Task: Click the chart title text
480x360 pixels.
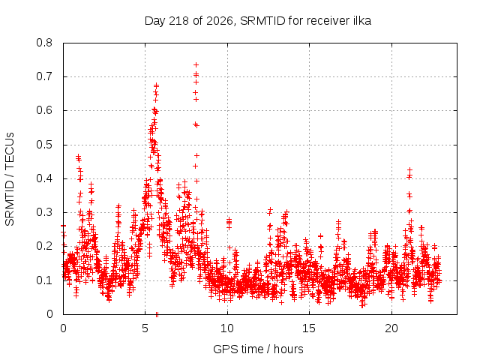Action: coord(258,21)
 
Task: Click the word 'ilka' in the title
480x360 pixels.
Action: coord(361,20)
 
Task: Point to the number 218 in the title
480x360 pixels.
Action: coord(179,21)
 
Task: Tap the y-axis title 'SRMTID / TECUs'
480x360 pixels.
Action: coord(10,179)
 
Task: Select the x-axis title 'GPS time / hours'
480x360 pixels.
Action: coord(258,349)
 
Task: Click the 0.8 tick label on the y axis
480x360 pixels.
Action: coord(44,43)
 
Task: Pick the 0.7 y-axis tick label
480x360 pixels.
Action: coord(44,76)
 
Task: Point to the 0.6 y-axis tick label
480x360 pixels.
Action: coord(44,110)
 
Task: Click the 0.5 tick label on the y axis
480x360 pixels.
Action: coord(44,145)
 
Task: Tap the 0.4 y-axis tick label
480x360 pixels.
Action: coord(44,178)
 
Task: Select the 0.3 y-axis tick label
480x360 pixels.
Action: coord(44,212)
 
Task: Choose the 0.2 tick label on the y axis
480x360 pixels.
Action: coord(44,246)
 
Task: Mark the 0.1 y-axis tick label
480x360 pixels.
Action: coord(44,280)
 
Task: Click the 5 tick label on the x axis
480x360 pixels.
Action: coord(145,328)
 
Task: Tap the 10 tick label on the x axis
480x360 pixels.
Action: coord(227,328)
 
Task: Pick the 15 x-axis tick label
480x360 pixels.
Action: coord(309,328)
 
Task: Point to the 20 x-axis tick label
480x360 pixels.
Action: coord(391,328)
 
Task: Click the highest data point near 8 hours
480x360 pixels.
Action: coord(196,65)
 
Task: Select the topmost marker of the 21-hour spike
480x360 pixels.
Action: coord(410,169)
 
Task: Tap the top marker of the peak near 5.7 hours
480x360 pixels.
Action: coord(156,85)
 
